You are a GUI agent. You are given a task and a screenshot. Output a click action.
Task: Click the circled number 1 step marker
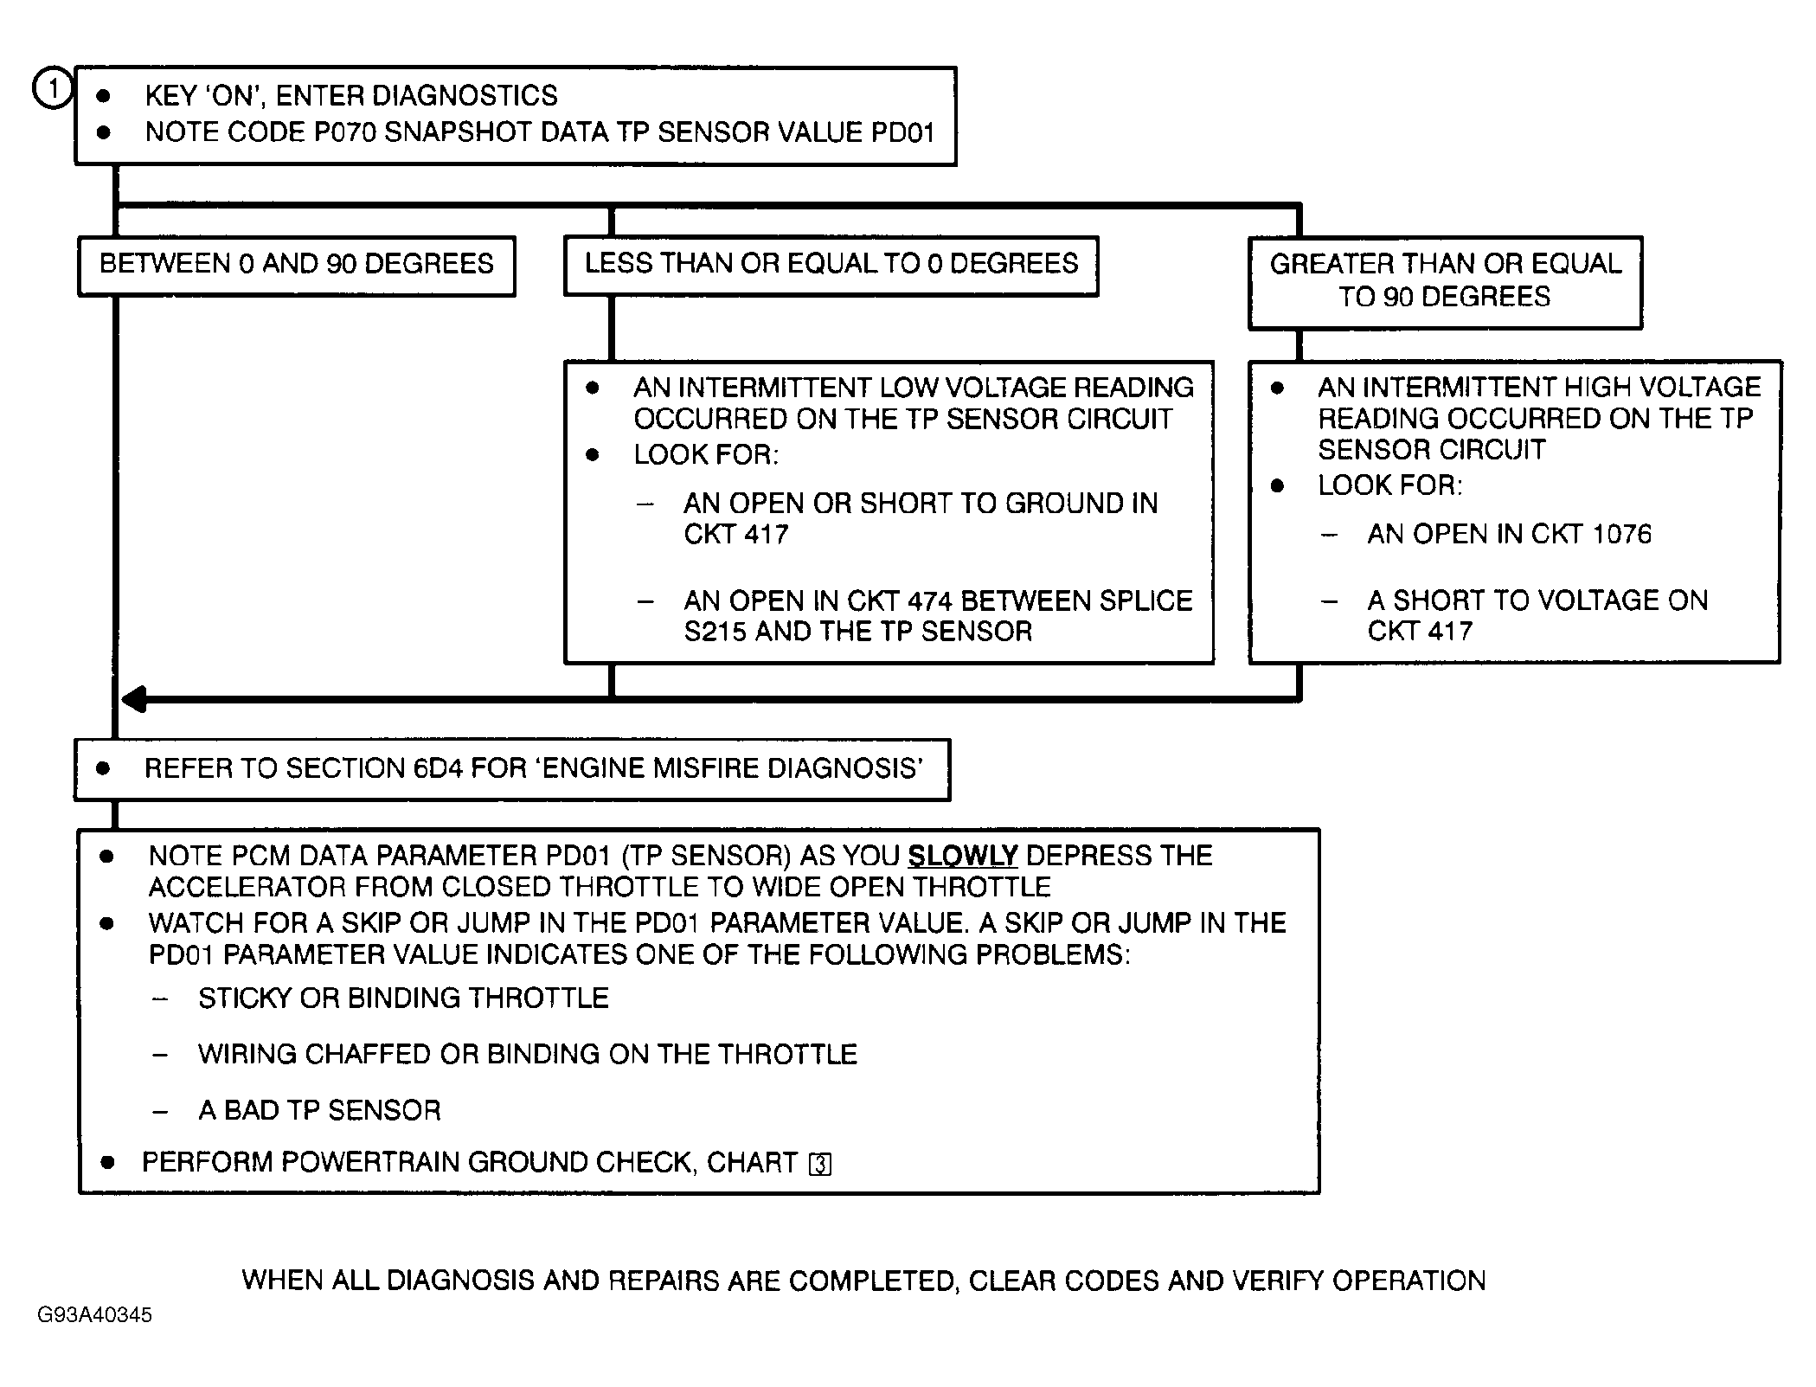[52, 89]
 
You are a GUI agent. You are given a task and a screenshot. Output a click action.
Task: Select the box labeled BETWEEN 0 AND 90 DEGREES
[297, 264]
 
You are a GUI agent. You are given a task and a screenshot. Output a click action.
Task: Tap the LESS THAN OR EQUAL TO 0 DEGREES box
[831, 264]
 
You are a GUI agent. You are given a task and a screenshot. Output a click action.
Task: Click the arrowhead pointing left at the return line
[135, 699]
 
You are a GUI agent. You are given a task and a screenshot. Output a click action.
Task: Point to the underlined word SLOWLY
[962, 856]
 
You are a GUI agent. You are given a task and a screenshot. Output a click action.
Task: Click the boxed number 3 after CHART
[819, 1165]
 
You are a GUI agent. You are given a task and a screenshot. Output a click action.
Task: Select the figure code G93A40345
[94, 1315]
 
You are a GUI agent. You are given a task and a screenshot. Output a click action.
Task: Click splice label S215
[715, 632]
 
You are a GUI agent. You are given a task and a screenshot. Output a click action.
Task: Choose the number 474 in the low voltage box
[929, 600]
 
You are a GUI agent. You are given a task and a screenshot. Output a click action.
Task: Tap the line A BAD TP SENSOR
[319, 1110]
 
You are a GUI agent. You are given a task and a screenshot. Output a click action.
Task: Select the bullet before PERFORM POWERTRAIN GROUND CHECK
[106, 1162]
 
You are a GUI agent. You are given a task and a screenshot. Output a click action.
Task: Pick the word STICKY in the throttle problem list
[245, 999]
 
